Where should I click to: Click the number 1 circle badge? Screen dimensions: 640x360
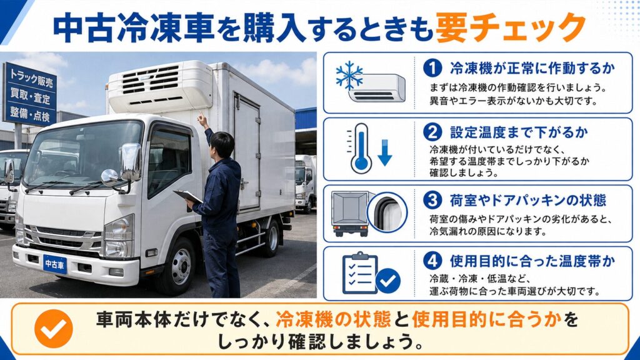432,67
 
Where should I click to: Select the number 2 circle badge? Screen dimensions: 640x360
432,132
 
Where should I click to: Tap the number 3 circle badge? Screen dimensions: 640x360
432,200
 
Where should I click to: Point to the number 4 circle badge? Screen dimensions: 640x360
432,261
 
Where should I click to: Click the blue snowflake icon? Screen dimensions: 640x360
349,76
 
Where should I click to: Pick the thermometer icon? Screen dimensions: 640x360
361,149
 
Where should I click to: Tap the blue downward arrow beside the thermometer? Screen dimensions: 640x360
384,152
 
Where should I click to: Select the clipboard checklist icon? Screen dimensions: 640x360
359,272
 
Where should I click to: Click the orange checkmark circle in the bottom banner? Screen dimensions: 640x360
54,329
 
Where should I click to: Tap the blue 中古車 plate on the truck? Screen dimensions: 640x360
55,264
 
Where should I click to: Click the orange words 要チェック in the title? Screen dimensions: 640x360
511,27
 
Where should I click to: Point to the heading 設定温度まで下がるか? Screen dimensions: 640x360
519,132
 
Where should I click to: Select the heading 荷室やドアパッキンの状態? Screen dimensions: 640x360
528,201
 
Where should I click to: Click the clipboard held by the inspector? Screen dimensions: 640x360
187,197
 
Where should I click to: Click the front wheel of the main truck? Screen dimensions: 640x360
179,266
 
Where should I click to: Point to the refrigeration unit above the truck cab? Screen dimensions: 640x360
160,86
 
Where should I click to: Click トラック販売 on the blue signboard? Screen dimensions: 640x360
31,77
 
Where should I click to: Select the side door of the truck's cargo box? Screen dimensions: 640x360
247,152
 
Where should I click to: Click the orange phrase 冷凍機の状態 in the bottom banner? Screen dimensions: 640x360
333,319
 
